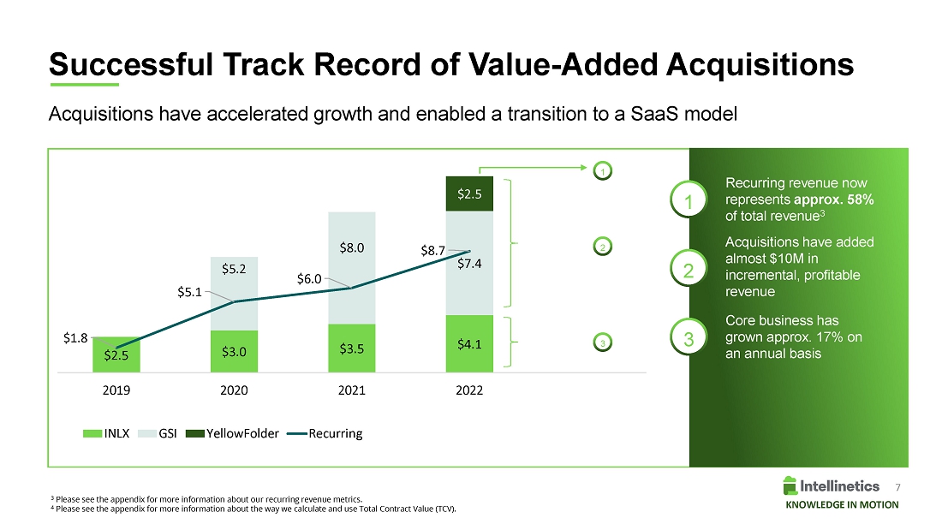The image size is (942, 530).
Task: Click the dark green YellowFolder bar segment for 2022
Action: click(469, 194)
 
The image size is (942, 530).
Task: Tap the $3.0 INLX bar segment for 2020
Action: click(234, 351)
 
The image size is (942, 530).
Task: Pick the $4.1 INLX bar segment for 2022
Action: click(469, 344)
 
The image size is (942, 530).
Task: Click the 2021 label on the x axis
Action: click(352, 390)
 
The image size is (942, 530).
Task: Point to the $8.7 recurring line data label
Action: click(432, 251)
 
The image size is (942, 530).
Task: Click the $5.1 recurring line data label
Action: click(190, 291)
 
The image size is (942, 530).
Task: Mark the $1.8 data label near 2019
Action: click(75, 337)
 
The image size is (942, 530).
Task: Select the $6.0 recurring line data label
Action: click(309, 278)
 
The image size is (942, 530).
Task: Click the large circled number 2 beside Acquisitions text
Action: click(688, 270)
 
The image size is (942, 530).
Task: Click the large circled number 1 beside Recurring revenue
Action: click(688, 202)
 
